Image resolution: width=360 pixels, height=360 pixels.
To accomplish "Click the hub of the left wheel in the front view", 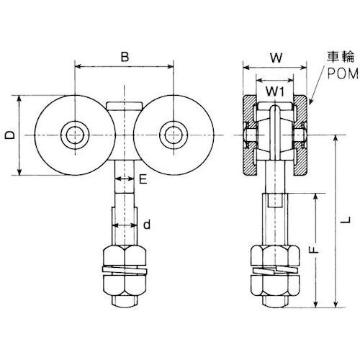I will tap(74, 135).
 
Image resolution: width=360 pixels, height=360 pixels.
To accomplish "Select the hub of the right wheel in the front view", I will tap(174, 135).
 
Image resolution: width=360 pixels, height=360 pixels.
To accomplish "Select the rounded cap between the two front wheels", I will tap(124, 107).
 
